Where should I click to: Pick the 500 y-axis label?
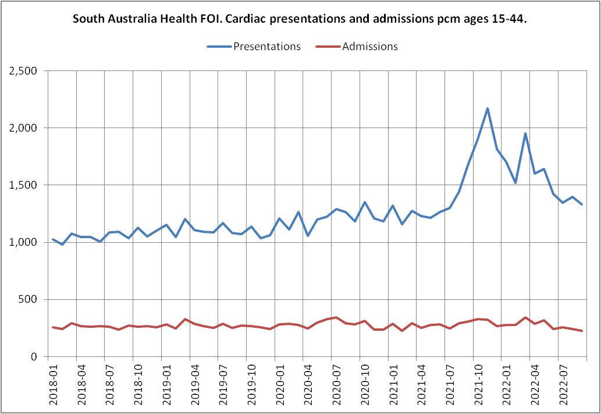coord(27,300)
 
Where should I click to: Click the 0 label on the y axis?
coord(34,357)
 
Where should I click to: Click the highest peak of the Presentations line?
coord(488,108)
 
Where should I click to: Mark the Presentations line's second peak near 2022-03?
coord(525,133)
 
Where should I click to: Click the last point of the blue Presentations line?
coord(582,204)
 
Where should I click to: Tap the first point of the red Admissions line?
coord(53,327)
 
